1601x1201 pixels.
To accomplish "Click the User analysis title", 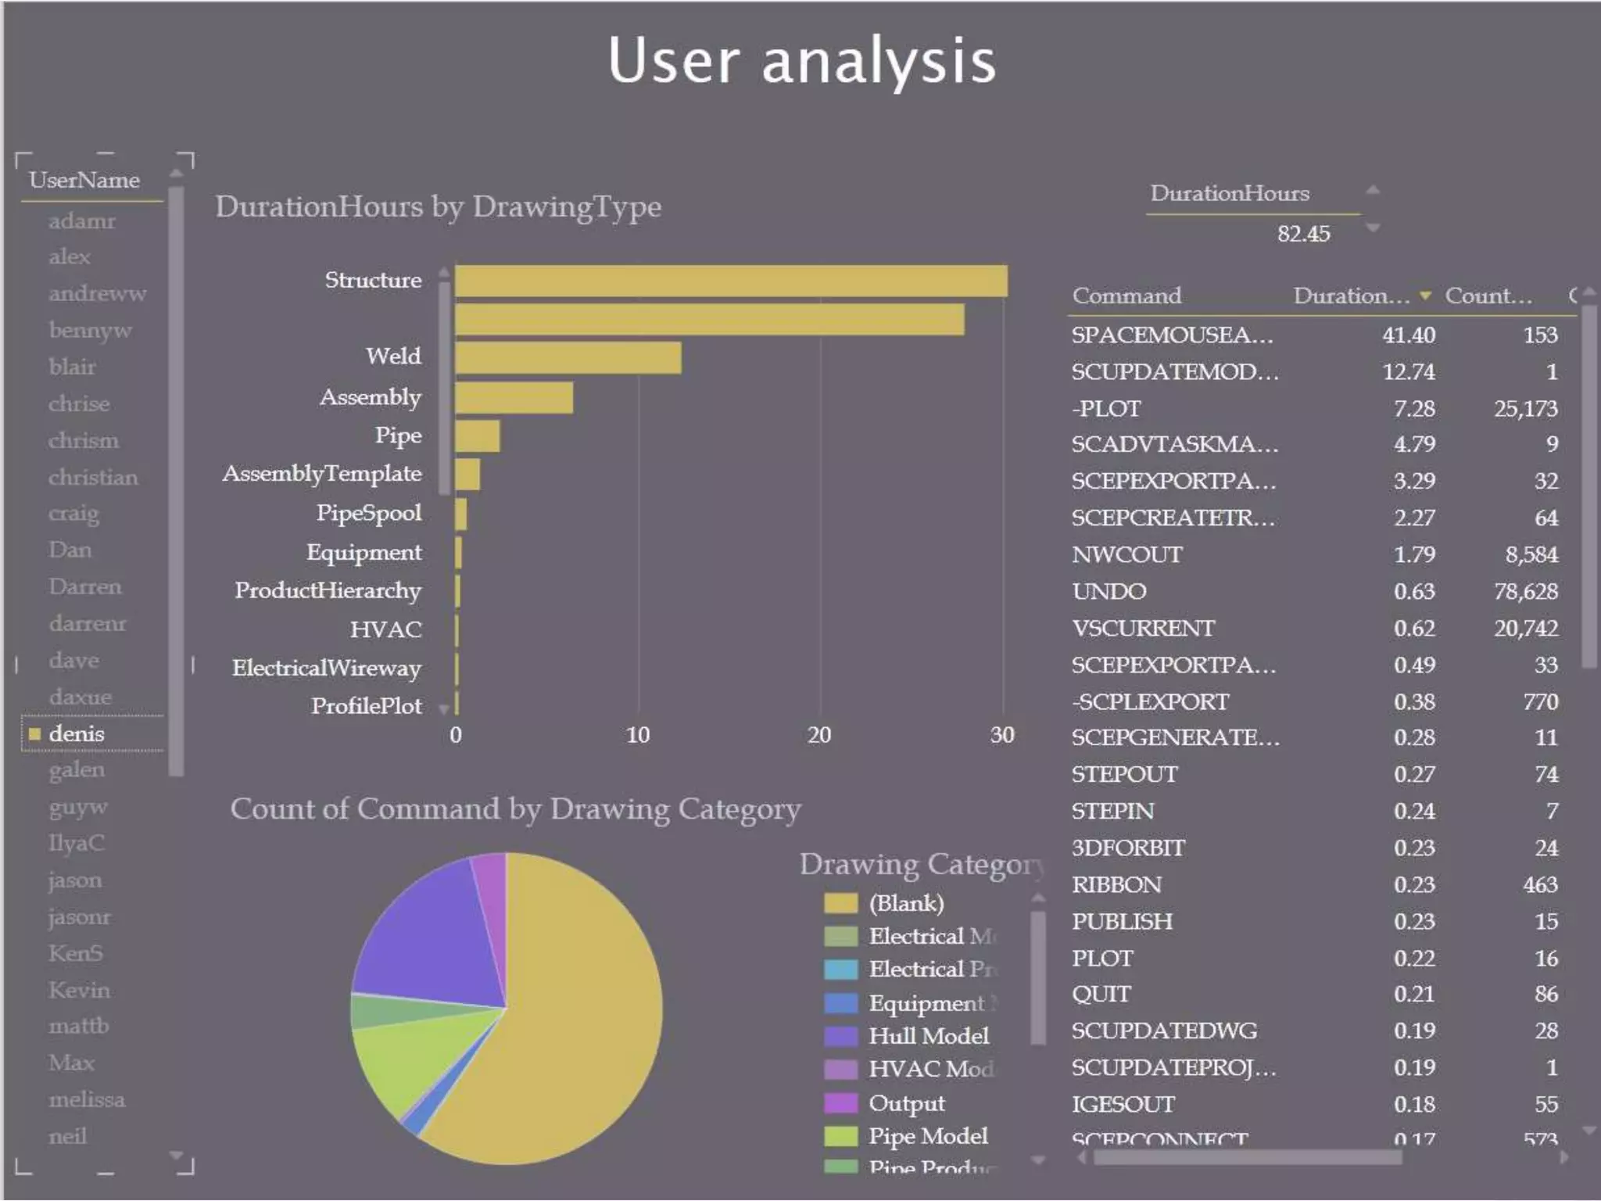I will tap(801, 61).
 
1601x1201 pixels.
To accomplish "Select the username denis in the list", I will tap(77, 733).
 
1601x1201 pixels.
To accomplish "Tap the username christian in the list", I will tap(93, 477).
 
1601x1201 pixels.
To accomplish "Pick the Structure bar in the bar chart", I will tap(730, 281).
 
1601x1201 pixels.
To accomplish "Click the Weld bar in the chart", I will tap(568, 358).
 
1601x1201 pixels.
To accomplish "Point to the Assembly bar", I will tap(514, 398).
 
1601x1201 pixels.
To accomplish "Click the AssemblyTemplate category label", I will tap(322, 474).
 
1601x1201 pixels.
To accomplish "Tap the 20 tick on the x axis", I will tap(819, 735).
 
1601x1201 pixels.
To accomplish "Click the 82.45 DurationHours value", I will tap(1303, 234).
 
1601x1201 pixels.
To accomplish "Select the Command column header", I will tap(1126, 296).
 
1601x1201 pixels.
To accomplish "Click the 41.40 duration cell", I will tap(1409, 335).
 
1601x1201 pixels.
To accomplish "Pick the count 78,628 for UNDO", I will tap(1525, 591).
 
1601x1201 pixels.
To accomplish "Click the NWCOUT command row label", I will tap(1126, 554).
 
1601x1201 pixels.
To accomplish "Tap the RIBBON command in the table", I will tap(1116, 884).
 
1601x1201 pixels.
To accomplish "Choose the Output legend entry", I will tap(907, 1103).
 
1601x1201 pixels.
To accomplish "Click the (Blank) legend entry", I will tap(906, 903).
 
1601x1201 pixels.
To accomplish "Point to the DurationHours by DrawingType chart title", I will tap(438, 206).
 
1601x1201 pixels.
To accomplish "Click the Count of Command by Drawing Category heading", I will tap(515, 808).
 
